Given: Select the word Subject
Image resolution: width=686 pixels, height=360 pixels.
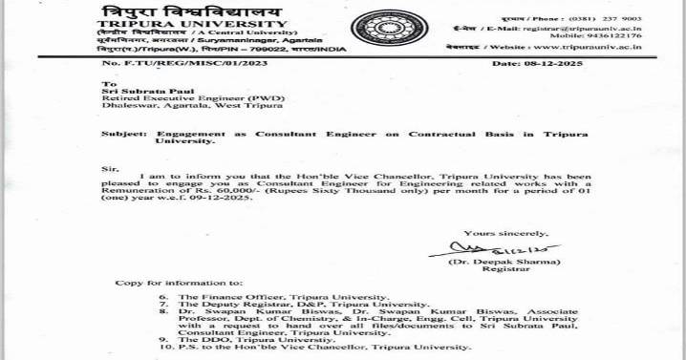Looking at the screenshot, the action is tap(124, 135).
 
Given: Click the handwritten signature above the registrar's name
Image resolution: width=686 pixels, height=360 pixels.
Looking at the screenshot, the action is tap(473, 249).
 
